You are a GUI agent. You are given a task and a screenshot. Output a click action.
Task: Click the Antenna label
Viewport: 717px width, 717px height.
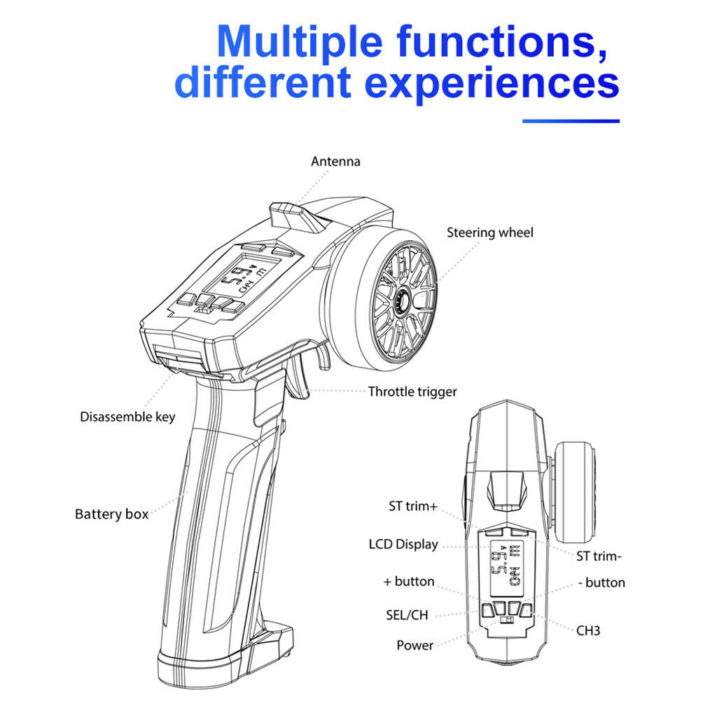tap(335, 162)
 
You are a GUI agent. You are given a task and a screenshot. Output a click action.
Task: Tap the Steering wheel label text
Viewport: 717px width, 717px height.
tap(489, 232)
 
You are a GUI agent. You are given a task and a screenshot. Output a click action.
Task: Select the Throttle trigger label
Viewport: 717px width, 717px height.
tap(412, 392)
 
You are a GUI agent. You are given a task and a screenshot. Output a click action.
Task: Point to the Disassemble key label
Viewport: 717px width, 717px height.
tap(127, 417)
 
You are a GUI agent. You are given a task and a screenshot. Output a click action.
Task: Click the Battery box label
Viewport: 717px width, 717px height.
tap(111, 514)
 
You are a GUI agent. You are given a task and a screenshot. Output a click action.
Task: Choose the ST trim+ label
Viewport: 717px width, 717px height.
tap(413, 506)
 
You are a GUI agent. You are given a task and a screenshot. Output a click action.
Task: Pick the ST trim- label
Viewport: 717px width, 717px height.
tap(599, 557)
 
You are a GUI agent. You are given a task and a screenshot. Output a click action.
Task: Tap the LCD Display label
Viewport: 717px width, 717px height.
tap(403, 545)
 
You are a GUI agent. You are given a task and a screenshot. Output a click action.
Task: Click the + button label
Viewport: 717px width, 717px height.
tap(409, 581)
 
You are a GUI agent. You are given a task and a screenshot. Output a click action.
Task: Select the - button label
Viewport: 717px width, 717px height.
tap(601, 583)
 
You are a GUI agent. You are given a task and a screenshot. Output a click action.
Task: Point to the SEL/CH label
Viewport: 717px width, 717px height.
tap(407, 615)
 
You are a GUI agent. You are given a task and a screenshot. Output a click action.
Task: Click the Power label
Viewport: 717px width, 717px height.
tap(415, 645)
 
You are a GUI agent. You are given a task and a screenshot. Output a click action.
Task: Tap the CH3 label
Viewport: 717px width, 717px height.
tap(588, 631)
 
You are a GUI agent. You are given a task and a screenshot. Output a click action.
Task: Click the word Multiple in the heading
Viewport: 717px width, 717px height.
tap(300, 42)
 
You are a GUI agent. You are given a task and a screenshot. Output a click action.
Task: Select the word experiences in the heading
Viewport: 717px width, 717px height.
tap(492, 83)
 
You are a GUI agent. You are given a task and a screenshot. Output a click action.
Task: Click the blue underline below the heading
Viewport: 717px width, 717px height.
tap(571, 121)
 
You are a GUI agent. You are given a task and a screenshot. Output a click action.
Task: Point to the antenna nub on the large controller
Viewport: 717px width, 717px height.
tap(295, 217)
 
